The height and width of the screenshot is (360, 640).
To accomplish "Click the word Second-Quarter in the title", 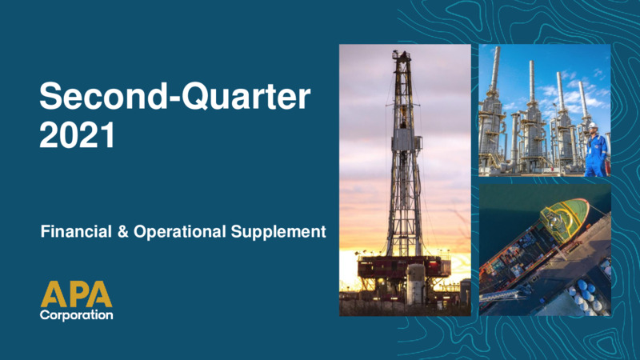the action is tap(174, 96).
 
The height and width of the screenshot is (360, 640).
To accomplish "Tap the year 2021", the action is tap(77, 135).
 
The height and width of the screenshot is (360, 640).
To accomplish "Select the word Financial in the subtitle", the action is tap(76, 231).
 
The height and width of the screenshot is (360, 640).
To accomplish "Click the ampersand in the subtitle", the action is tap(122, 232).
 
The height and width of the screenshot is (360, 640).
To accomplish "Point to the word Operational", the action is tap(179, 232).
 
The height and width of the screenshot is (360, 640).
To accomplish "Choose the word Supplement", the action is tap(278, 232).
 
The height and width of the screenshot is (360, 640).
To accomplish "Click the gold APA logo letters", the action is tap(76, 294).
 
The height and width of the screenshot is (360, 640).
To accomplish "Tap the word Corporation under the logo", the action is tap(76, 314).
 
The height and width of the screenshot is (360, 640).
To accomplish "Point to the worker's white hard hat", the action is tap(593, 125).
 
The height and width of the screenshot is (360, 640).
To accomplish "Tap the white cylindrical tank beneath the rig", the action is tap(415, 284).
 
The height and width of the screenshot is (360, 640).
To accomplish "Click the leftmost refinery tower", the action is tap(493, 110).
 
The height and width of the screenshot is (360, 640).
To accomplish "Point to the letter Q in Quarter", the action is tap(196, 97).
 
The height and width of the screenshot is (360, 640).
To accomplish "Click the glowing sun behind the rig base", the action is tap(350, 270).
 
